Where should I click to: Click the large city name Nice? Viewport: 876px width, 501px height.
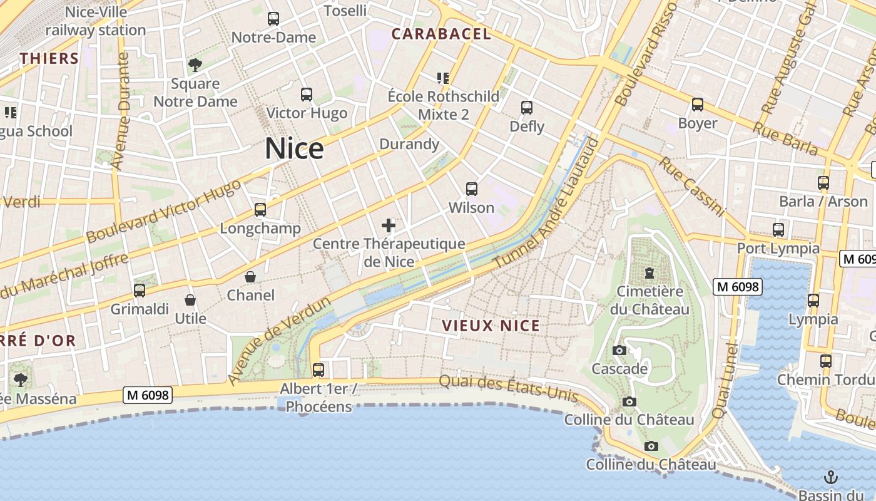(294, 149)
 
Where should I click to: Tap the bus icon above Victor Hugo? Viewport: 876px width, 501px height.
(307, 95)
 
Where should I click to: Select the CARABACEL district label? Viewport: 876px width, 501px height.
(441, 34)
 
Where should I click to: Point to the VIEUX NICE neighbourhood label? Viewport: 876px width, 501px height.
(491, 326)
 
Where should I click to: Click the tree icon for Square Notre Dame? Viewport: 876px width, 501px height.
(195, 65)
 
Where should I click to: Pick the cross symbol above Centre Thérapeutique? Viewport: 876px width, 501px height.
(389, 225)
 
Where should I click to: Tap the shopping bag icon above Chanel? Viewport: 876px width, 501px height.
(250, 277)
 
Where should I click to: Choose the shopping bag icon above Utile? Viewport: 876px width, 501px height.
(190, 301)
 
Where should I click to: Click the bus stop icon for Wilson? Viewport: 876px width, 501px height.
(472, 189)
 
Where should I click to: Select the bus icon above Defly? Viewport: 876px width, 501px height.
(527, 108)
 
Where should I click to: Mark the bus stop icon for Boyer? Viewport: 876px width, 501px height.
(698, 105)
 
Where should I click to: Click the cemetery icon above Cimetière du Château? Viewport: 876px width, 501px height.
(649, 274)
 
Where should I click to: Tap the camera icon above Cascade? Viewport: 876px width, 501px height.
(619, 351)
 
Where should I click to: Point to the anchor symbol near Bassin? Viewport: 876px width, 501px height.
(831, 477)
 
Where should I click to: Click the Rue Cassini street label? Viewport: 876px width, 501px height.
(691, 187)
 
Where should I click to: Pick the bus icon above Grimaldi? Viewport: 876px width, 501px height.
(140, 291)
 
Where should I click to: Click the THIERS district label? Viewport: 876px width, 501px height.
(49, 59)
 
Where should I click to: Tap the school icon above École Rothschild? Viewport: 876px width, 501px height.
(443, 78)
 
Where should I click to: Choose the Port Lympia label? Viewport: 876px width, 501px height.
(778, 248)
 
